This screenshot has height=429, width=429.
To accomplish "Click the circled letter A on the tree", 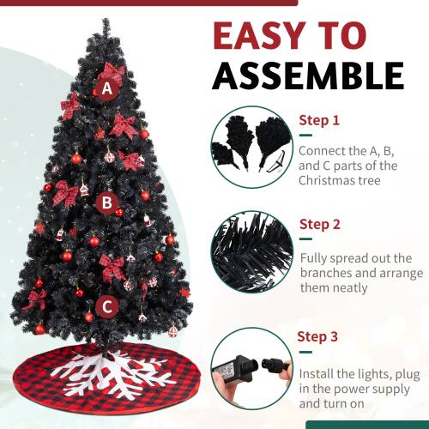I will pyautogui.click(x=107, y=88).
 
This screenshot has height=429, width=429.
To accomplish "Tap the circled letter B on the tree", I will pyautogui.click(x=107, y=203).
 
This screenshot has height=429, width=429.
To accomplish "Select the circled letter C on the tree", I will pyautogui.click(x=107, y=305).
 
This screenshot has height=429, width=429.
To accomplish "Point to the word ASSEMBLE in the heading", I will pyautogui.click(x=307, y=76).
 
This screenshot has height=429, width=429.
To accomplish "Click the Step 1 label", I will pyautogui.click(x=319, y=121).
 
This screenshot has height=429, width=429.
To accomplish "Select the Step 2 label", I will pyautogui.click(x=320, y=225).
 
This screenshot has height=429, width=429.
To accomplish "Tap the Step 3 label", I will pyautogui.click(x=319, y=335).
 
